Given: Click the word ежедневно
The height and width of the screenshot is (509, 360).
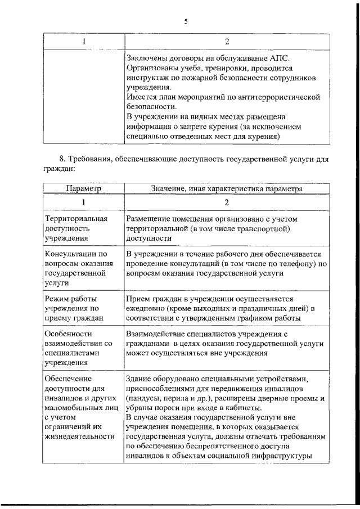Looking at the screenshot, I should tap(147, 308).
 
